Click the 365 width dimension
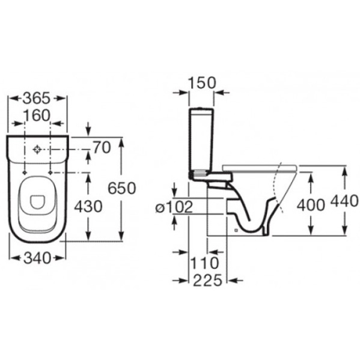click(x=37, y=98)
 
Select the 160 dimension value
click(x=37, y=115)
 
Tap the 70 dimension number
click(x=102, y=148)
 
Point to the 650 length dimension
click(x=122, y=188)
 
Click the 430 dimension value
click(x=88, y=206)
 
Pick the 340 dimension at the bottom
click(x=37, y=258)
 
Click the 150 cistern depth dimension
click(x=202, y=83)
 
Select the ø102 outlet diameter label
click(x=174, y=207)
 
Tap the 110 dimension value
click(x=205, y=263)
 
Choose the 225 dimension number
click(x=208, y=281)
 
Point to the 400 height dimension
click(x=311, y=205)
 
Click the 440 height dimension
click(x=344, y=201)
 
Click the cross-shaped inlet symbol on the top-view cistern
click(x=37, y=150)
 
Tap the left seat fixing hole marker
click(x=24, y=173)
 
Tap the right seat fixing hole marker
click(x=50, y=173)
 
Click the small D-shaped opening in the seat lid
click(x=37, y=202)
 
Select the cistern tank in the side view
click(x=201, y=142)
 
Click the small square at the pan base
click(x=236, y=230)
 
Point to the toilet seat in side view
click(x=260, y=168)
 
